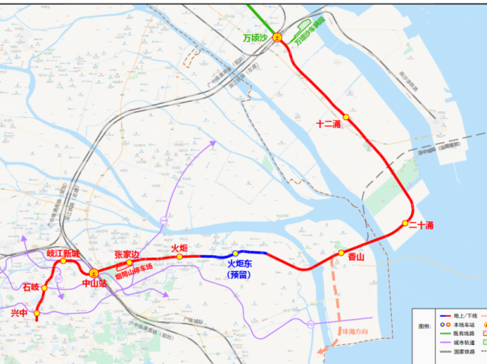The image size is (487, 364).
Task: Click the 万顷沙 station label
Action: click(256, 38)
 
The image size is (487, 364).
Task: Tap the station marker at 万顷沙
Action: click(278, 37)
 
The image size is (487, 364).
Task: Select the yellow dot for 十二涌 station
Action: click(346, 117)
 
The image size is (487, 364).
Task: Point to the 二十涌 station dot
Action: click(406, 223)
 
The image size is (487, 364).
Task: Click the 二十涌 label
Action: click(421, 226)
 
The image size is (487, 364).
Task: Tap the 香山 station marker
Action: click(342, 252)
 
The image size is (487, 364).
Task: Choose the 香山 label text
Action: click(356, 258)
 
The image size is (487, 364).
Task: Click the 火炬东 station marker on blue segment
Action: click(236, 253)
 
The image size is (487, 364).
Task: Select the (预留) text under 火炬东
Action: click(238, 275)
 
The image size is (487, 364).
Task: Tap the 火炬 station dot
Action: click(180, 257)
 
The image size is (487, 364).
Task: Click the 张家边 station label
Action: click(127, 254)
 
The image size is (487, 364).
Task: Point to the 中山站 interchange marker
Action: click(94, 272)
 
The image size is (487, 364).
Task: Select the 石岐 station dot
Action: click(44, 288)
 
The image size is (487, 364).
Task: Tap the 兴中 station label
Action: click(18, 312)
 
